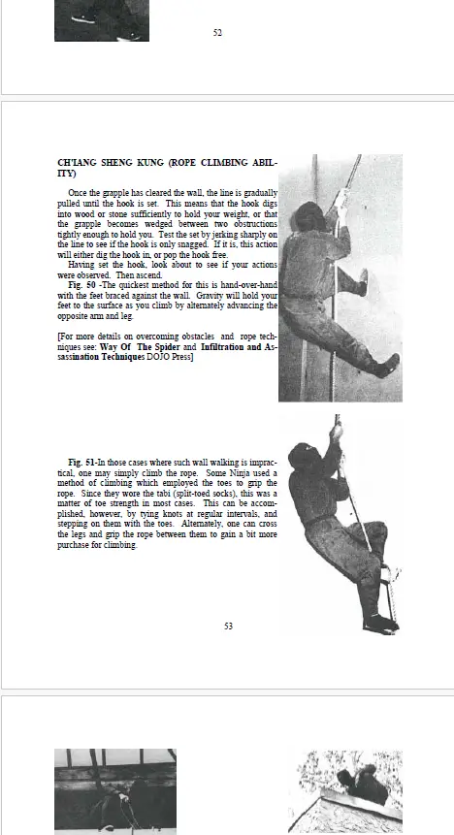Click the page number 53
228,626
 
